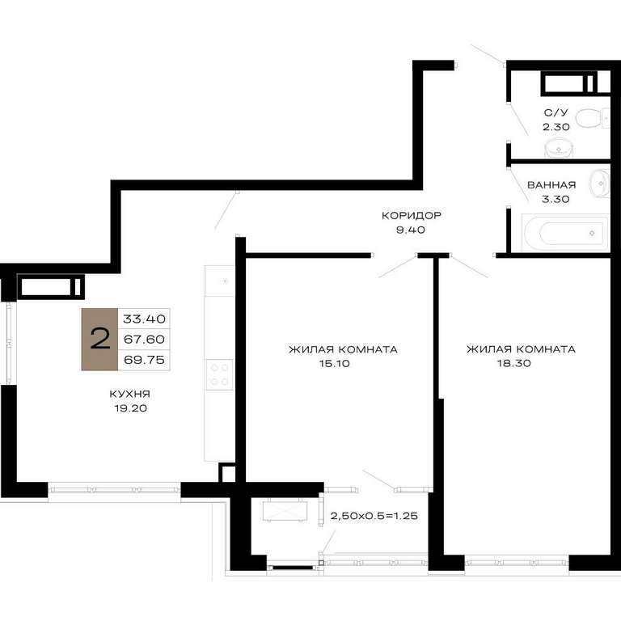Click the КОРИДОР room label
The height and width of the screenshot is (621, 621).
click(x=411, y=215)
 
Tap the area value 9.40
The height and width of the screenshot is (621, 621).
click(x=411, y=230)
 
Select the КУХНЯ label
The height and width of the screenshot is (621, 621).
click(x=130, y=394)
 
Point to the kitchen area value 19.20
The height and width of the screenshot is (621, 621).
click(x=131, y=408)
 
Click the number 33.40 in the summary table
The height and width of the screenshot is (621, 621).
click(x=144, y=319)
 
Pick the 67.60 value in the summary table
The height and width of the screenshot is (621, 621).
click(x=144, y=340)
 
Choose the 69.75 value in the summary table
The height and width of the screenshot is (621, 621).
click(x=144, y=360)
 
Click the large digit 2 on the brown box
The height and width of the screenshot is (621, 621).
click(x=99, y=339)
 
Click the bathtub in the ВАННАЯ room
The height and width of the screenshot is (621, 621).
click(x=565, y=233)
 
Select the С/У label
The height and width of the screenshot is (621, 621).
click(x=556, y=113)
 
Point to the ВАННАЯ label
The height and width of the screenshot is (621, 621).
click(x=551, y=185)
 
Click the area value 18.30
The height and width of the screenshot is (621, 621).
click(x=514, y=363)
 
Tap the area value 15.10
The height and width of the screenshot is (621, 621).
click(x=335, y=364)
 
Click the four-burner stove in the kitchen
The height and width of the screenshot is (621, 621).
click(x=219, y=374)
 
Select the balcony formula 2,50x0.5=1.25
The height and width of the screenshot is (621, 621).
click(x=374, y=516)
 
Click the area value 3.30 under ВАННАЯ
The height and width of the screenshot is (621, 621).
click(x=556, y=199)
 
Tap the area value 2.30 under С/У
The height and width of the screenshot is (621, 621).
click(x=556, y=127)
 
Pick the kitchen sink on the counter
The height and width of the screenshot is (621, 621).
click(x=219, y=281)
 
